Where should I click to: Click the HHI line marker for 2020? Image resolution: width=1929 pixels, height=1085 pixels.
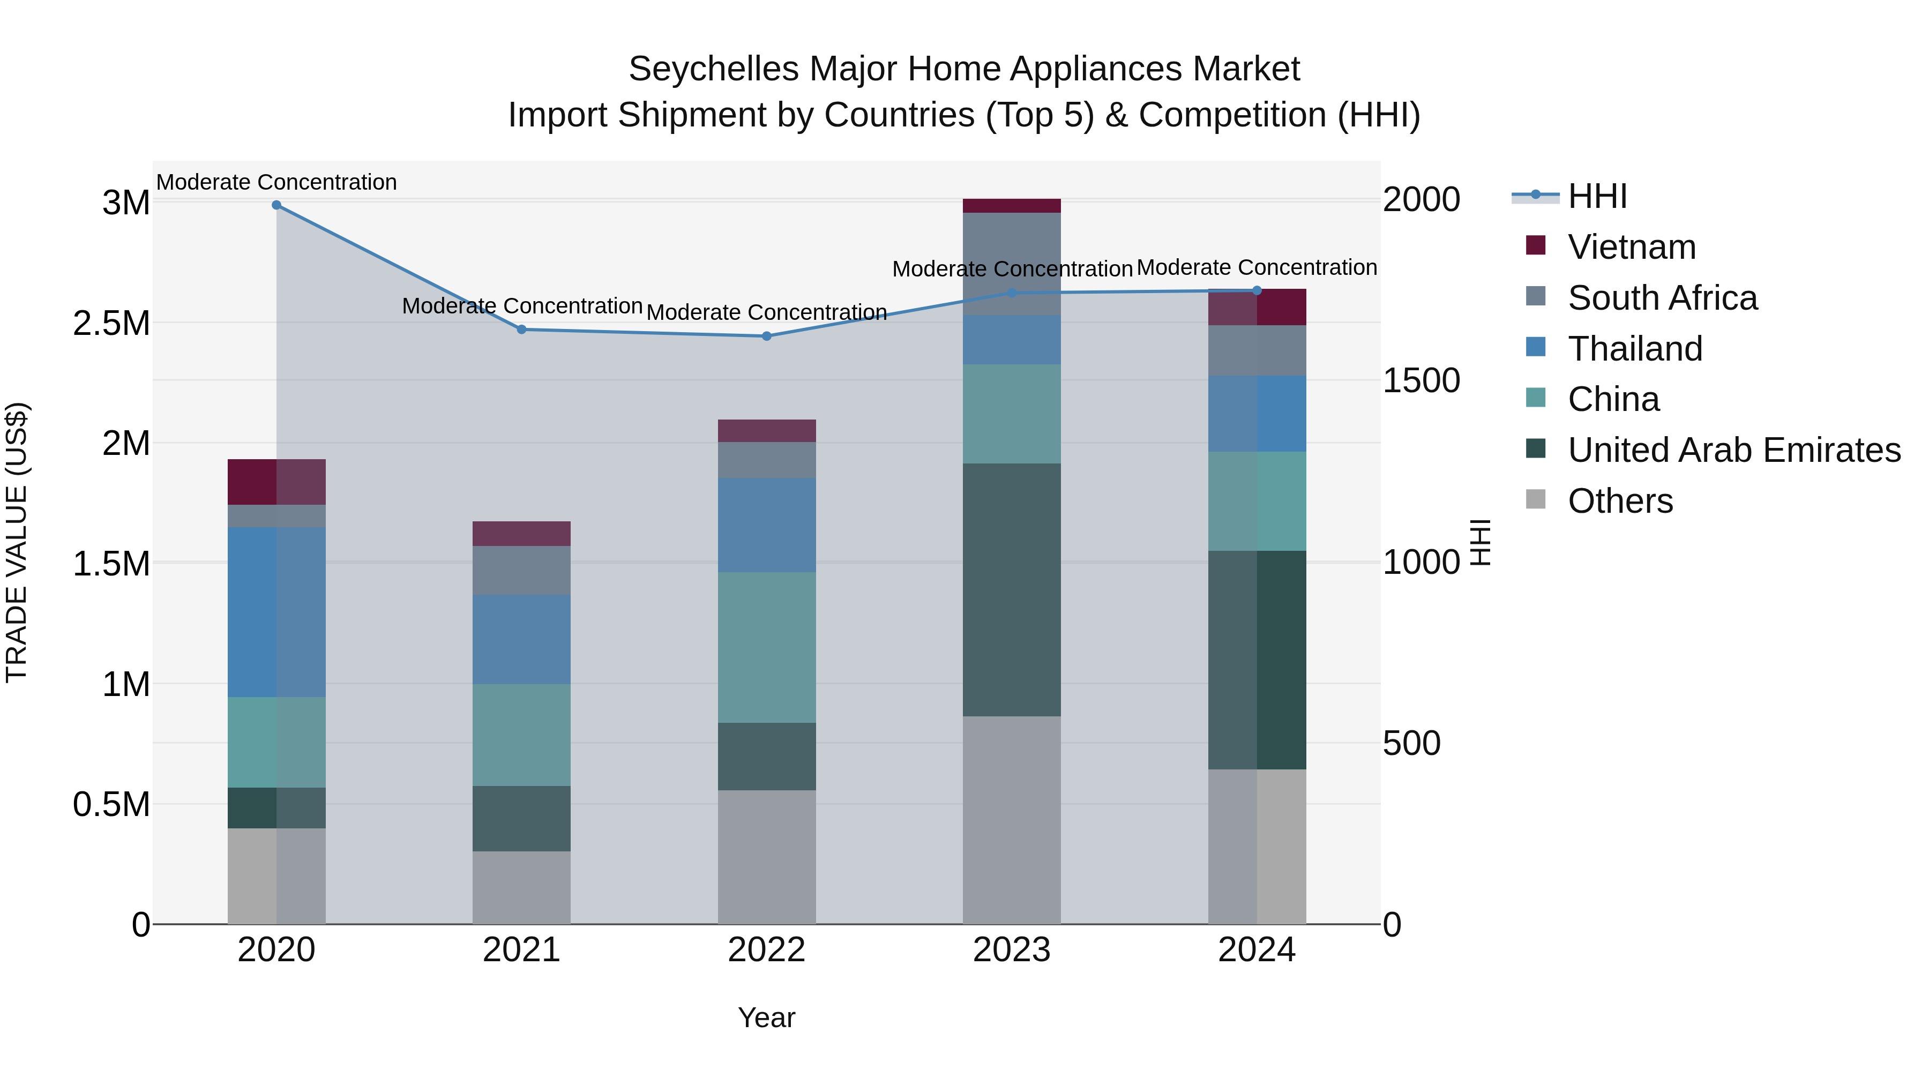276,205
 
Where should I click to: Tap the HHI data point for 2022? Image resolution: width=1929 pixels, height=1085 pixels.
767,336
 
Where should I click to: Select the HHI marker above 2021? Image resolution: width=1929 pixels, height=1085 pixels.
522,330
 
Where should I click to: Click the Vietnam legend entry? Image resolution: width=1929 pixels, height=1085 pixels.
1631,247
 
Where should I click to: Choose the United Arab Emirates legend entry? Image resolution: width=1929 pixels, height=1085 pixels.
1733,450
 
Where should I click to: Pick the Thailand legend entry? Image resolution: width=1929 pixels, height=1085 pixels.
1635,349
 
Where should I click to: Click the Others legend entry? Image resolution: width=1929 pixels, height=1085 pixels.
1620,501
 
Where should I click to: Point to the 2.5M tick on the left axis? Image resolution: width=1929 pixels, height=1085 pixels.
111,324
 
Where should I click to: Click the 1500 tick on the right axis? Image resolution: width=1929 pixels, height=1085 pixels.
1420,380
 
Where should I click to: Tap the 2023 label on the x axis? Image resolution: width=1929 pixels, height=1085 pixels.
1012,950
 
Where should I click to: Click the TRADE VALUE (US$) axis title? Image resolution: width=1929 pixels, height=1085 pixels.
17,542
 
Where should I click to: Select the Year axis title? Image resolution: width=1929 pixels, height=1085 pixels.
766,1017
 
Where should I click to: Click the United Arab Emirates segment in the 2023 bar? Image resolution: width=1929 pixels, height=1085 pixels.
1012,589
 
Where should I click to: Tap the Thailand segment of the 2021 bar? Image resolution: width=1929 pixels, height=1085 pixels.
522,639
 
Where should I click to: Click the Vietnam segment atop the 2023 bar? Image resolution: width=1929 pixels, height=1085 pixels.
1012,206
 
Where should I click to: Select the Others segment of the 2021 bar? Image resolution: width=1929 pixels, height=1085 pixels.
522,887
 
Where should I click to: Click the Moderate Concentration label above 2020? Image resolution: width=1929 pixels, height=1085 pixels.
276,182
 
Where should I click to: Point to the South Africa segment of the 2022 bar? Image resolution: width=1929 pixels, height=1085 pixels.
767,460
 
